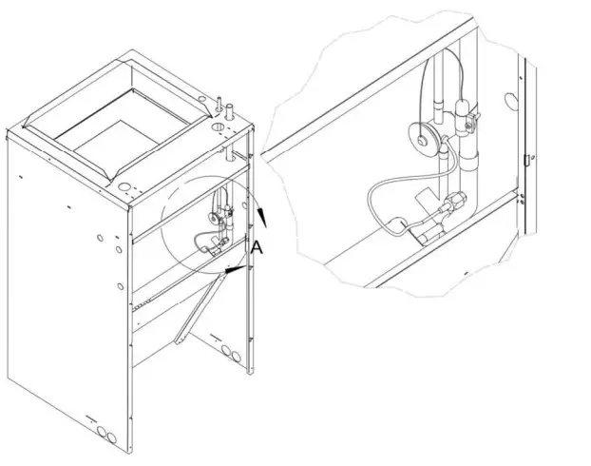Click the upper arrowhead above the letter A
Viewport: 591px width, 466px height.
[x=262, y=218]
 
